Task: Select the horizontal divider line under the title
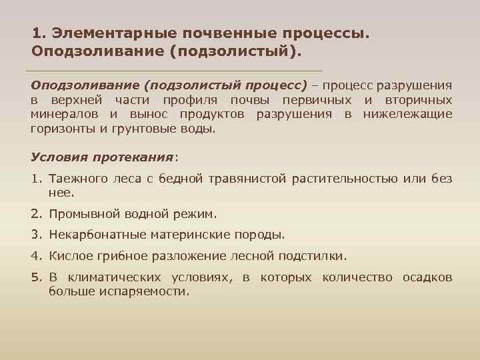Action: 173,71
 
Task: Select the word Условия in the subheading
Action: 57,157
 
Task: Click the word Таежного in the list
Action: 76,178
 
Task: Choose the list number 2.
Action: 35,214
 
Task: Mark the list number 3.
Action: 35,235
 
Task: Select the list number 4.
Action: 35,255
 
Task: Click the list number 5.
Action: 35,277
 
